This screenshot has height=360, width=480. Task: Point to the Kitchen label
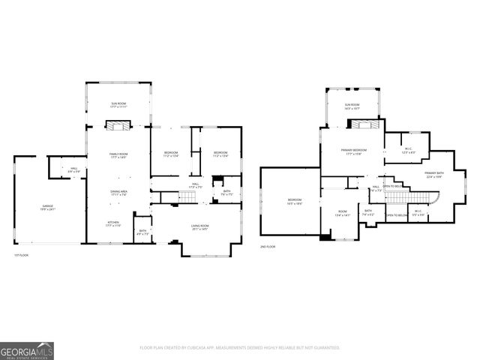pyautogui.click(x=113, y=223)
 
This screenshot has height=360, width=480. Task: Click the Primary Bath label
pyautogui.click(x=434, y=175)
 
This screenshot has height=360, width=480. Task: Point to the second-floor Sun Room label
pyautogui.click(x=352, y=106)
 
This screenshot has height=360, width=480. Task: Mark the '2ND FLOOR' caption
pyautogui.click(x=268, y=247)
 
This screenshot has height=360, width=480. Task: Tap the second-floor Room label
pyautogui.click(x=343, y=213)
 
